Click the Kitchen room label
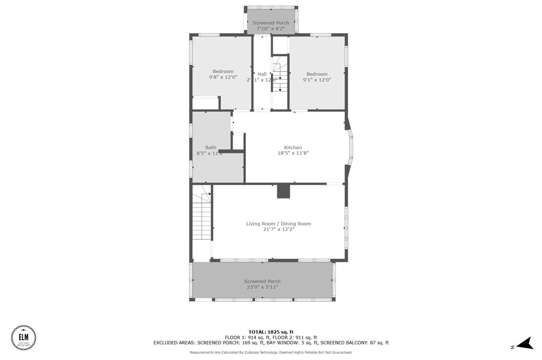click(293, 148)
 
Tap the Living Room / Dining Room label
click(278, 224)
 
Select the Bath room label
click(211, 148)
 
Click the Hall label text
click(262, 74)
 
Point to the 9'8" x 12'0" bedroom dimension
click(223, 77)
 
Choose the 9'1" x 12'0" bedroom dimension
click(317, 80)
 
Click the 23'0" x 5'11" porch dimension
click(262, 287)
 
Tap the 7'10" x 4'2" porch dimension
click(271, 28)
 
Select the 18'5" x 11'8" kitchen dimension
click(293, 153)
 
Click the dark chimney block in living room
click(283, 192)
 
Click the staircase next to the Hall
click(280, 80)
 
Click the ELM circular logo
click(24, 338)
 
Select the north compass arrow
click(524, 343)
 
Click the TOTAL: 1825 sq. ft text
click(271, 332)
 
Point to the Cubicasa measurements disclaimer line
click(271, 353)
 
